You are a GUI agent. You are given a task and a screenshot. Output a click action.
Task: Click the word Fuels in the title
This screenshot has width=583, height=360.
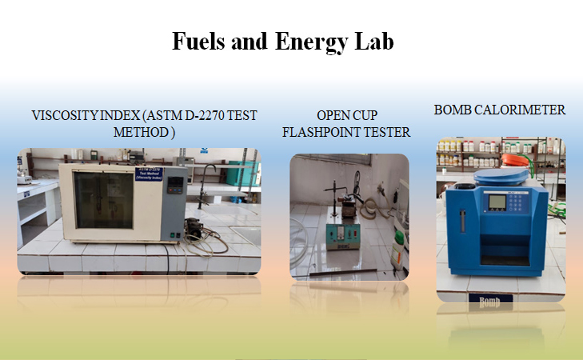pos(195,41)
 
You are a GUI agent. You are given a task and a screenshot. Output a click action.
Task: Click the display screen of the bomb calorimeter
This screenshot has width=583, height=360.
pos(497,201)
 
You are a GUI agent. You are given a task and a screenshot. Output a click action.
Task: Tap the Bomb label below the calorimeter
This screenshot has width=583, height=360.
pos(489,302)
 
